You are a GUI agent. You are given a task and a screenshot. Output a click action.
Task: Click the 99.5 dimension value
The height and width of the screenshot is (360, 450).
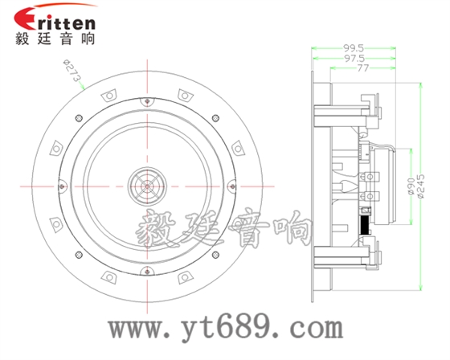[354, 47]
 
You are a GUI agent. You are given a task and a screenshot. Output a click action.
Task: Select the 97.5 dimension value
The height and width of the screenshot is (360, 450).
[354, 59]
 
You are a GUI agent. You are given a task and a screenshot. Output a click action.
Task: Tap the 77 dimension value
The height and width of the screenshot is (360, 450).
[362, 68]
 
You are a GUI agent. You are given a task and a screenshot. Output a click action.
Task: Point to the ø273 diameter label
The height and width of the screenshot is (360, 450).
[72, 71]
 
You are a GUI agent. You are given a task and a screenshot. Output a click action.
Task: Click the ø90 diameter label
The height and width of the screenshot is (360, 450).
[411, 187]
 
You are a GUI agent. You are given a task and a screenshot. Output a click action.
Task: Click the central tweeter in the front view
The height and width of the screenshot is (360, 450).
[147, 186]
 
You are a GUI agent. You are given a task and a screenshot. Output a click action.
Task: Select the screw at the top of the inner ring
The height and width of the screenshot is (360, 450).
[147, 101]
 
